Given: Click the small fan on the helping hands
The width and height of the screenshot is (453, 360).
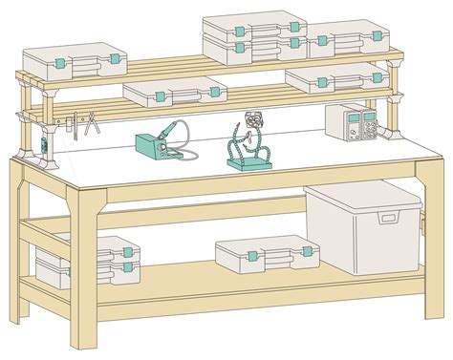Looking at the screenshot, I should (x=254, y=122).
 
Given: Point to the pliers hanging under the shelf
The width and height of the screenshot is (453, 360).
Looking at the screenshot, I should (x=92, y=123).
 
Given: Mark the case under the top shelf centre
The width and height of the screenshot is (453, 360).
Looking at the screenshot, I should (x=176, y=93).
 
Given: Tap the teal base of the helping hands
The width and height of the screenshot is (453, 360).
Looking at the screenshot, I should (x=248, y=162).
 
